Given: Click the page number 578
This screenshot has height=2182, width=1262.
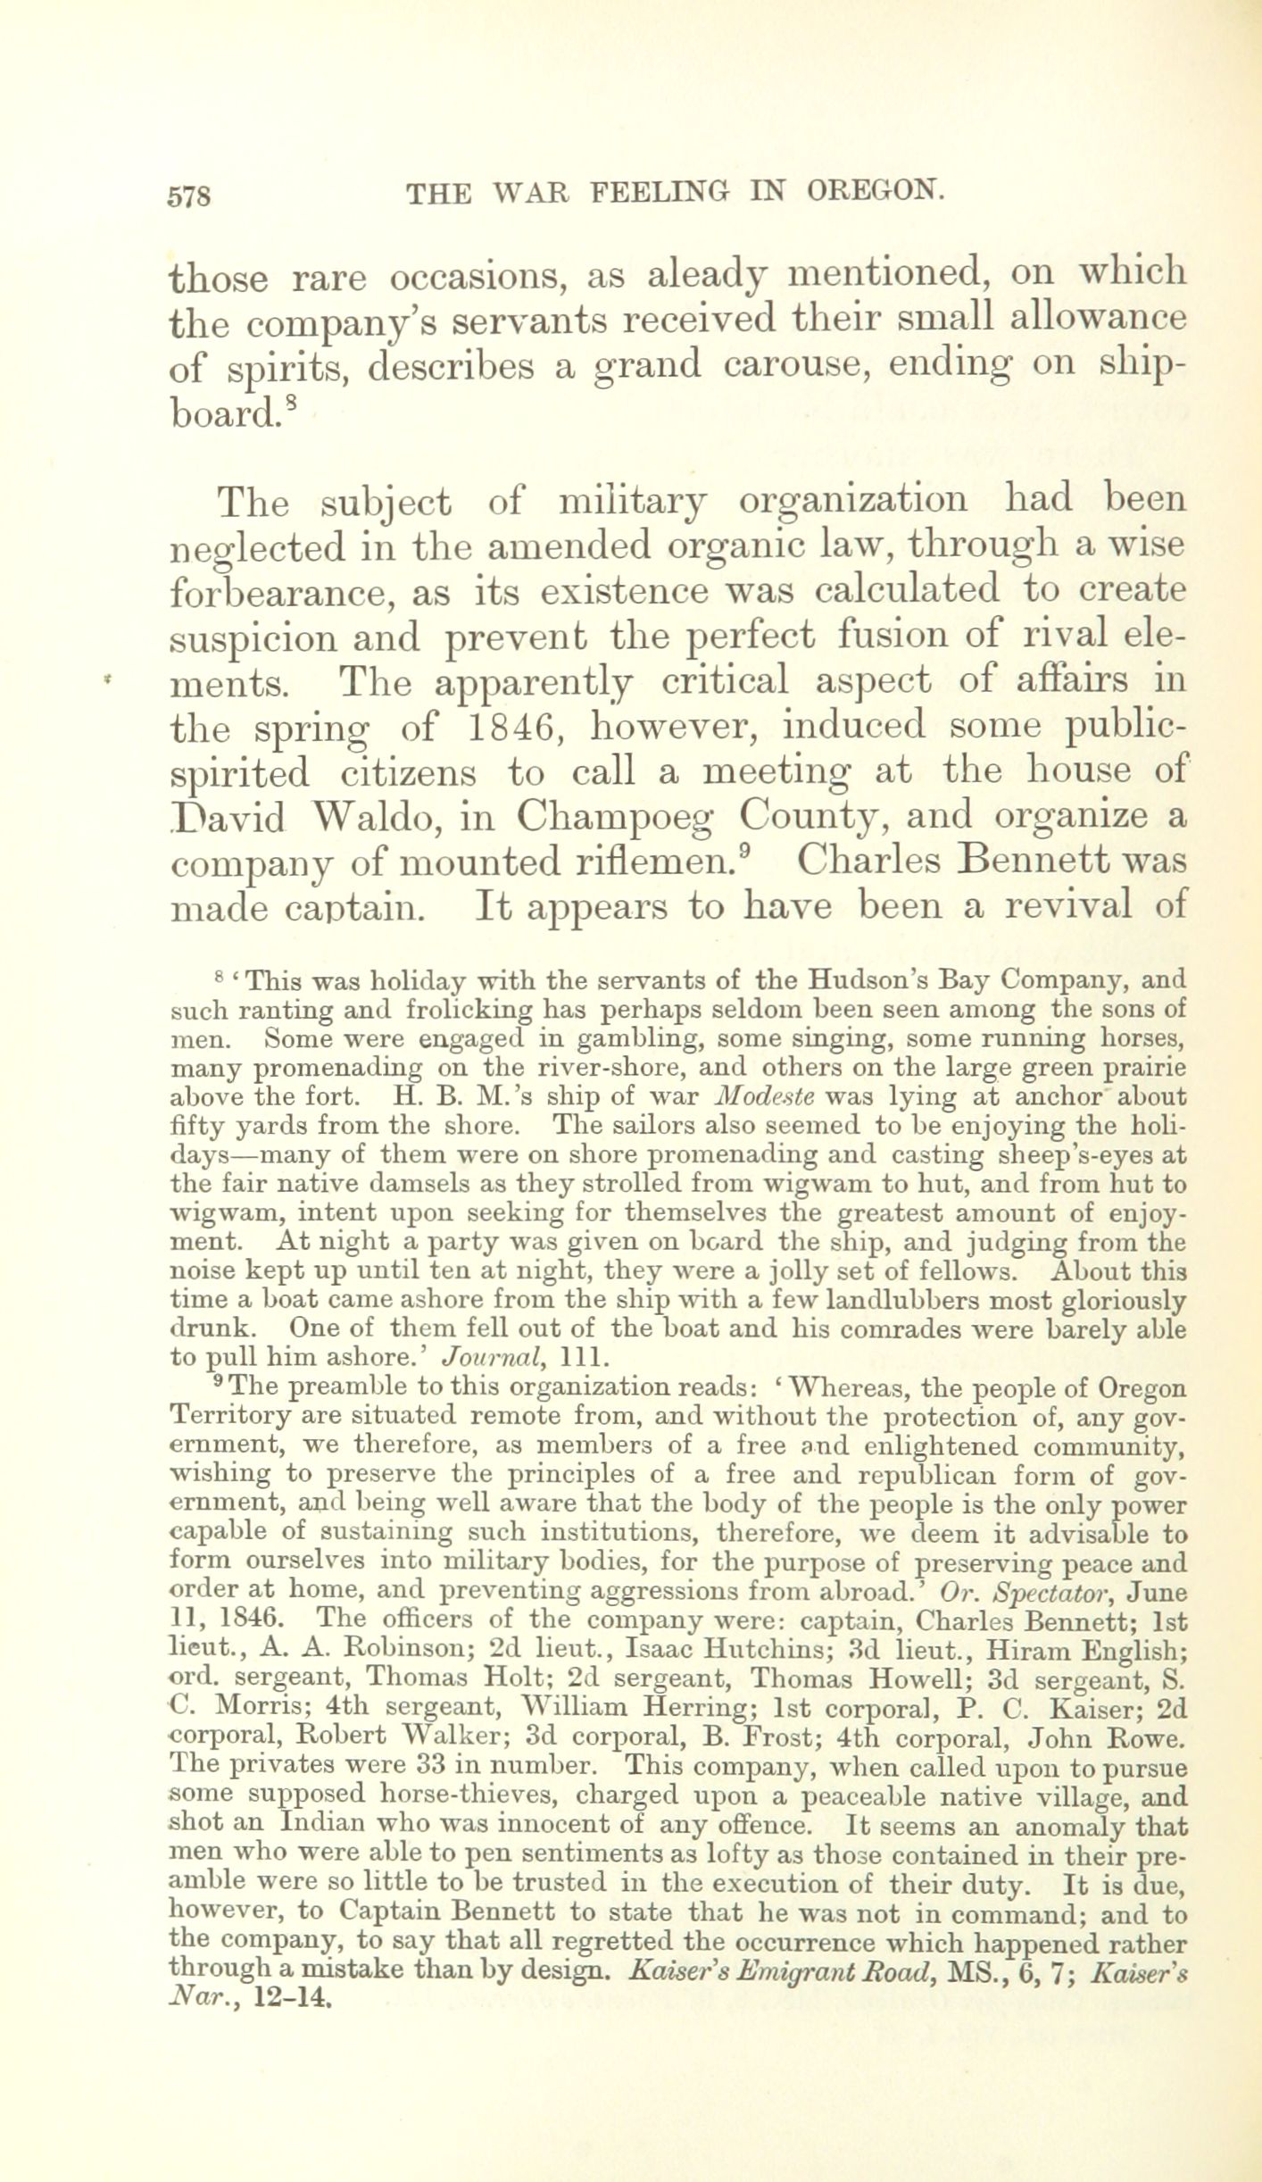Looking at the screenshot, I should click(188, 194).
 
